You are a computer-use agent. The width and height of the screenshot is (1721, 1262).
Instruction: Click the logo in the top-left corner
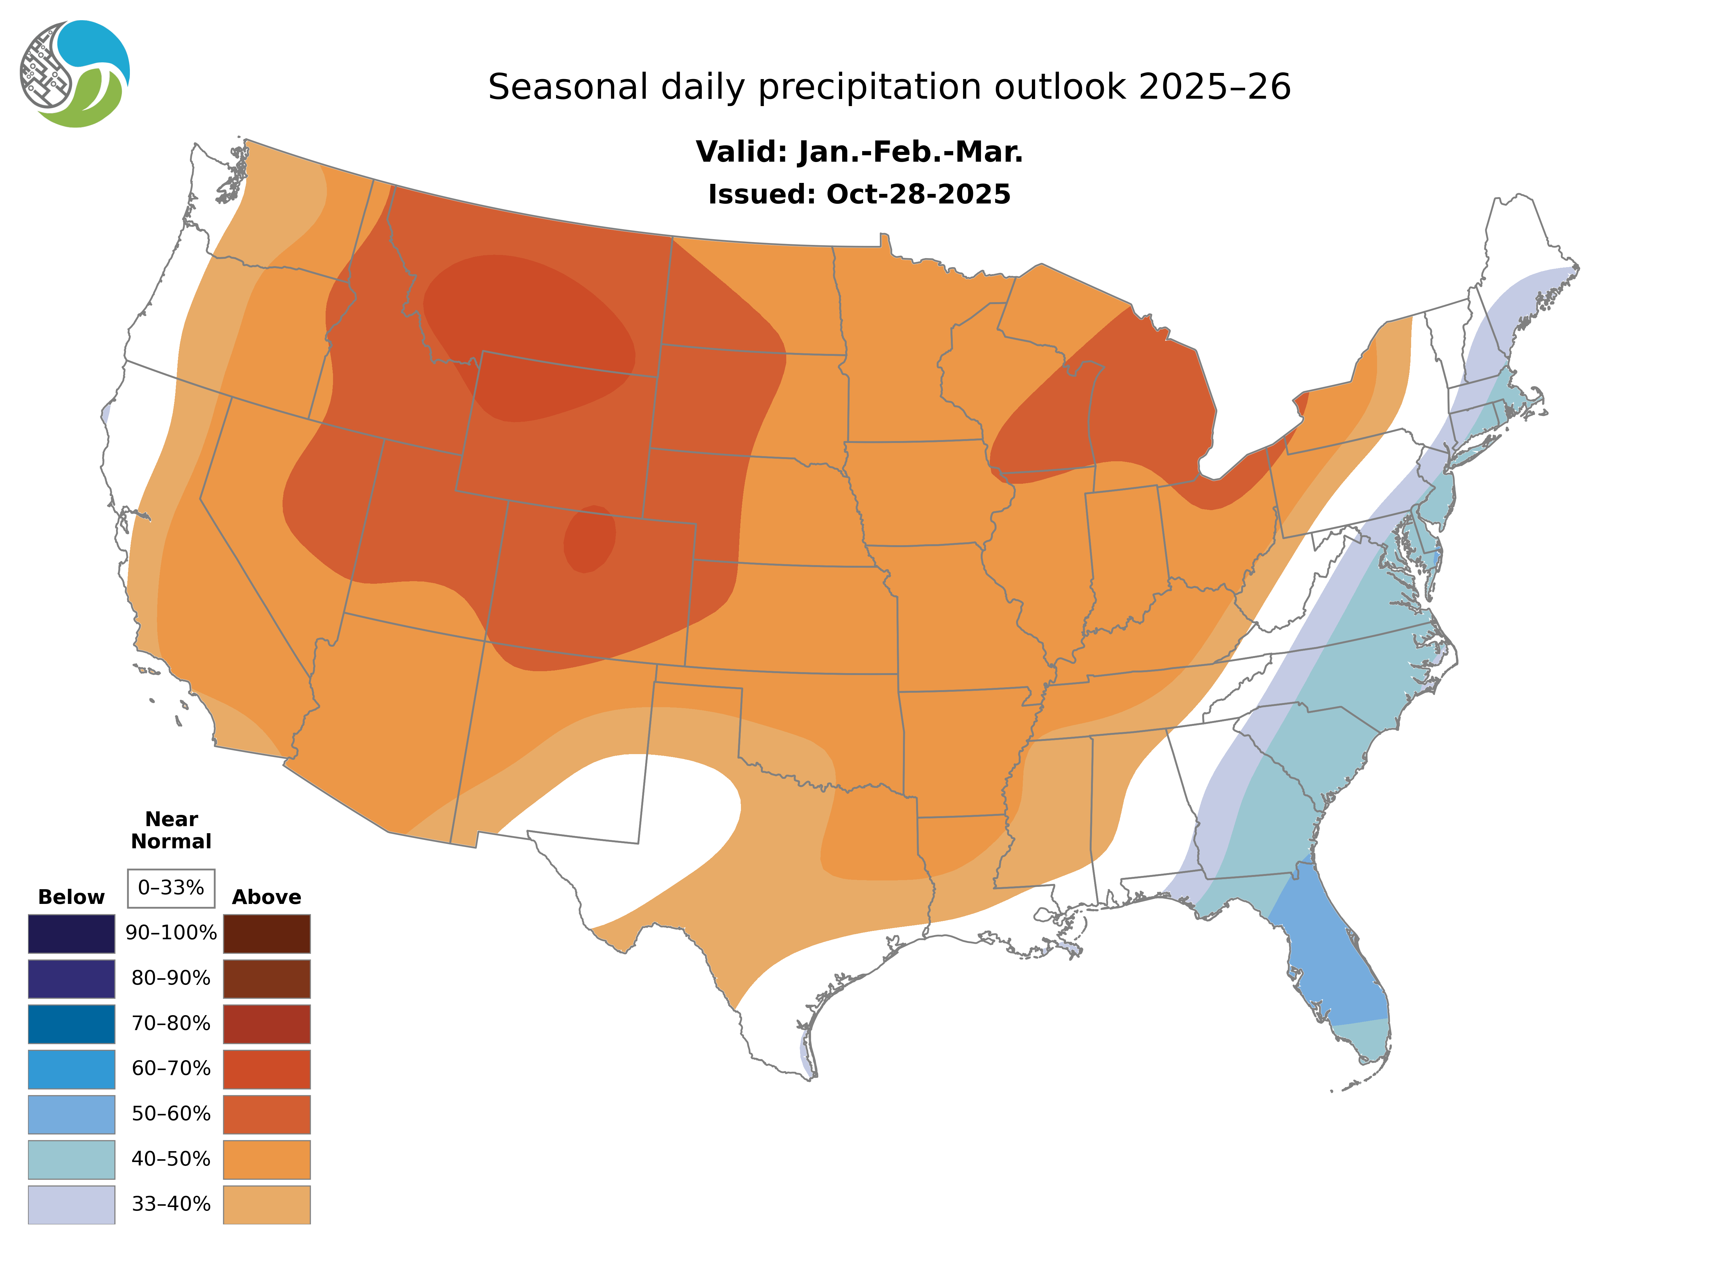coord(75,74)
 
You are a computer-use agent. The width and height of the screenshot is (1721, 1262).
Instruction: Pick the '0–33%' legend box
coord(171,888)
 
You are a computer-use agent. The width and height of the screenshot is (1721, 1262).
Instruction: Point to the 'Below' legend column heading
coord(71,897)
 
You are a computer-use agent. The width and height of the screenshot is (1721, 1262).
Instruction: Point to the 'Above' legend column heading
coord(266,897)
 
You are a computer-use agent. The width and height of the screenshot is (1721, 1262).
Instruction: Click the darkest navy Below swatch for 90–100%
coord(71,933)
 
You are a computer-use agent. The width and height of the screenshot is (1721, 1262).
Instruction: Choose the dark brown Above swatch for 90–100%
coord(266,933)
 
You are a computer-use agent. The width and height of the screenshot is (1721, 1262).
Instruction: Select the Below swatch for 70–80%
coord(71,1024)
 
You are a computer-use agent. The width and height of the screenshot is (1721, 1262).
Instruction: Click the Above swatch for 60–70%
coord(266,1069)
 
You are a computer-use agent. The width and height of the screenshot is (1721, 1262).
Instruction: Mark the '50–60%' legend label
coord(171,1114)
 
